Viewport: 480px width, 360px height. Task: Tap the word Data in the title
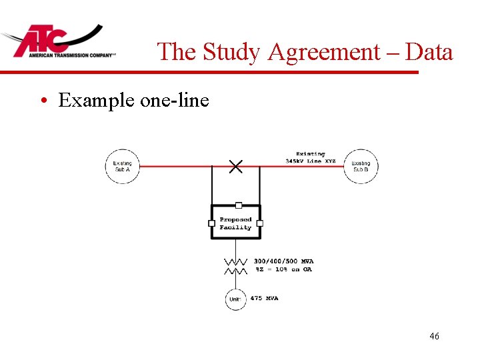click(429, 52)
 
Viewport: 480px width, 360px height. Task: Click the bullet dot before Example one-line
click(43, 101)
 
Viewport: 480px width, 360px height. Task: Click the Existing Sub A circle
click(122, 166)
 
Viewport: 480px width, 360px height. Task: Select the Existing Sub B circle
click(361, 166)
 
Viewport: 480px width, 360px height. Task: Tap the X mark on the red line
click(235, 167)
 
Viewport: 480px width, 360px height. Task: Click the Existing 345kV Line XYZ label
click(311, 158)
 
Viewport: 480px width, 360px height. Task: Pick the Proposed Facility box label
click(235, 223)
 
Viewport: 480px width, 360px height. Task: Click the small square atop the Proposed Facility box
click(238, 205)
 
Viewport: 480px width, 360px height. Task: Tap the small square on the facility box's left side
click(212, 223)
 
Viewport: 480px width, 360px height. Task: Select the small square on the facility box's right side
click(259, 223)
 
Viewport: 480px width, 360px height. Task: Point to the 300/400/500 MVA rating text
click(283, 261)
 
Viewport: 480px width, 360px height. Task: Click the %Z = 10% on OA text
click(283, 269)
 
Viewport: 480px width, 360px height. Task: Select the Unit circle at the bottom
click(235, 299)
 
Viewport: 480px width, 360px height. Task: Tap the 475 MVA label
click(264, 298)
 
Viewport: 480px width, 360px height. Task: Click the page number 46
click(434, 337)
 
